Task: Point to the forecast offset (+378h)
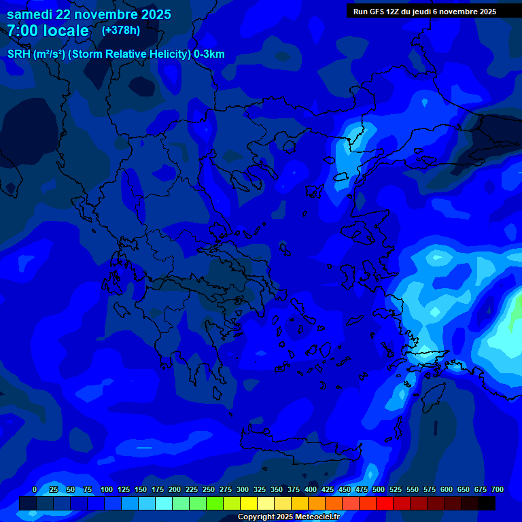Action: [120, 31]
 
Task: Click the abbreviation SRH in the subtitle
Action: [19, 54]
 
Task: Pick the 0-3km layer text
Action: [209, 54]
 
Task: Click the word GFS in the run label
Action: [375, 12]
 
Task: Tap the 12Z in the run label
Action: [393, 12]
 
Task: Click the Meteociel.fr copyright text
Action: [288, 517]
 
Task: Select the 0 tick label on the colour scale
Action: [35, 489]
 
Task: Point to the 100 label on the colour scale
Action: [107, 489]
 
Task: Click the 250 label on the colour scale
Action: [209, 489]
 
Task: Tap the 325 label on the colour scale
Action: [260, 489]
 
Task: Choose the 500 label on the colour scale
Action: [379, 489]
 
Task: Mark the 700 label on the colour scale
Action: [498, 489]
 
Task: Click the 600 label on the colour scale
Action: [447, 489]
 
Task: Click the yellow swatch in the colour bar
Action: [249, 504]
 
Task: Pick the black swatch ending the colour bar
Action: [487, 504]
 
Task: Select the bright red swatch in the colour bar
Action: [385, 504]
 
